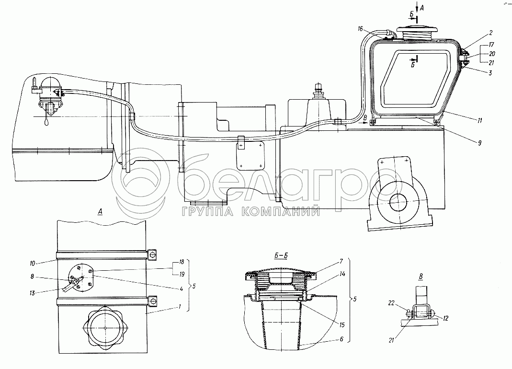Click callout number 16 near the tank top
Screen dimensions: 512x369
(x=360, y=29)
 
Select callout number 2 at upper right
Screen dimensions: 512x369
(x=491, y=33)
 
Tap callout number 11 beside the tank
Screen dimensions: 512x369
(x=479, y=121)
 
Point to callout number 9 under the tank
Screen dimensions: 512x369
(x=479, y=143)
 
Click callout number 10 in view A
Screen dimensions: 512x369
(x=32, y=263)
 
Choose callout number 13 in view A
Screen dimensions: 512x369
(x=32, y=293)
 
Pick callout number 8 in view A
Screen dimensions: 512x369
(x=32, y=277)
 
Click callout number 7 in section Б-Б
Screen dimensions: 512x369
(x=341, y=262)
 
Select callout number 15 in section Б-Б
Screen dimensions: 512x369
(x=342, y=325)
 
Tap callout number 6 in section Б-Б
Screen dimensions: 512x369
(x=341, y=339)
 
